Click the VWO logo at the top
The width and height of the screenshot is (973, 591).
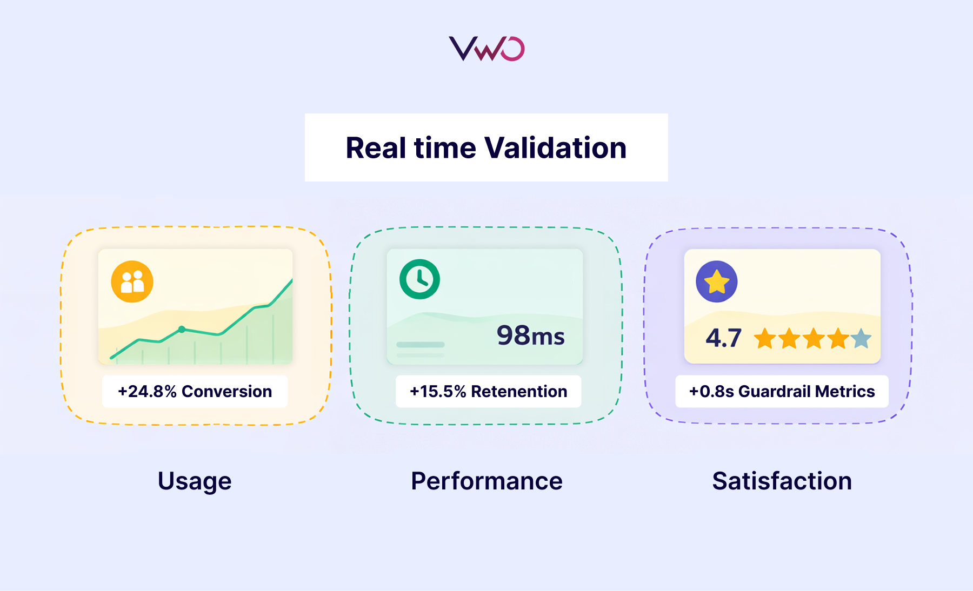click(x=486, y=49)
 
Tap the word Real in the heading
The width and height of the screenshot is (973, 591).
click(x=376, y=148)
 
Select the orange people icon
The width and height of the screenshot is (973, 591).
click(x=132, y=281)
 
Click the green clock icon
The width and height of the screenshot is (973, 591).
click(x=419, y=279)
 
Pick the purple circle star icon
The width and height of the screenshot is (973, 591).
click(x=717, y=281)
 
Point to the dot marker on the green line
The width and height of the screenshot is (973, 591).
click(x=182, y=329)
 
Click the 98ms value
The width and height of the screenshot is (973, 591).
click(x=530, y=335)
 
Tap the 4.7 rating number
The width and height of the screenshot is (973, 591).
click(x=723, y=338)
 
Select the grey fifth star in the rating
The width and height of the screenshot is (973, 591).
click(x=861, y=339)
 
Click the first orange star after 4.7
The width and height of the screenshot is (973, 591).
click(x=765, y=339)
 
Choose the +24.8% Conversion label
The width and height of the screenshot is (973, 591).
click(x=195, y=391)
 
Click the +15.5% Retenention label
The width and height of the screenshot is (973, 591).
click(x=488, y=391)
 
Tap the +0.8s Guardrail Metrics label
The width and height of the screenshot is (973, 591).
click(x=782, y=391)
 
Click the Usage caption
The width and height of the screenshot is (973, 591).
click(x=195, y=481)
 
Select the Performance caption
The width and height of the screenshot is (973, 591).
click(x=486, y=481)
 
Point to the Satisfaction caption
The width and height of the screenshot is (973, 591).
click(x=782, y=481)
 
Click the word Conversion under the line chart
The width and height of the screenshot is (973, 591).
click(x=226, y=391)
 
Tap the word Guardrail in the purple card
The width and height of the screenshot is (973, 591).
click(x=775, y=391)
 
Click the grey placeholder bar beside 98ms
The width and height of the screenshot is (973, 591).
click(x=421, y=345)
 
